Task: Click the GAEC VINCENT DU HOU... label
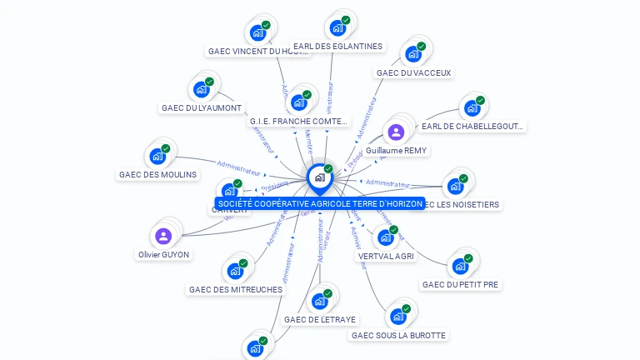(x=257, y=52)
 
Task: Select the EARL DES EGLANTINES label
(x=337, y=47)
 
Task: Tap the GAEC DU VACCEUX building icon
(x=413, y=54)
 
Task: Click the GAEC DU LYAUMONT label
(x=202, y=108)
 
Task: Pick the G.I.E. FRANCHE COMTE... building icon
(x=299, y=102)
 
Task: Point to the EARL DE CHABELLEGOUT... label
(x=472, y=127)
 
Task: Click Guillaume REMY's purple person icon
(x=396, y=132)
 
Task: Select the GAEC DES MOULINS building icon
(x=157, y=156)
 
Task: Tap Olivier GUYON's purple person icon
(x=163, y=236)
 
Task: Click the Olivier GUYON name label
(x=163, y=255)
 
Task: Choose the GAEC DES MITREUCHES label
(x=236, y=290)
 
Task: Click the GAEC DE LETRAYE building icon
(x=320, y=301)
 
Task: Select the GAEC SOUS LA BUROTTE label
(x=398, y=336)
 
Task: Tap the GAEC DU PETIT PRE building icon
(x=460, y=266)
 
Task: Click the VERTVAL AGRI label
(x=386, y=257)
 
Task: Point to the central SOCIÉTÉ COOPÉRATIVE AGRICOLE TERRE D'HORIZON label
(x=319, y=203)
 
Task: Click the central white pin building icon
(x=319, y=177)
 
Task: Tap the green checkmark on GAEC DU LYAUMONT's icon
(x=209, y=82)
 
